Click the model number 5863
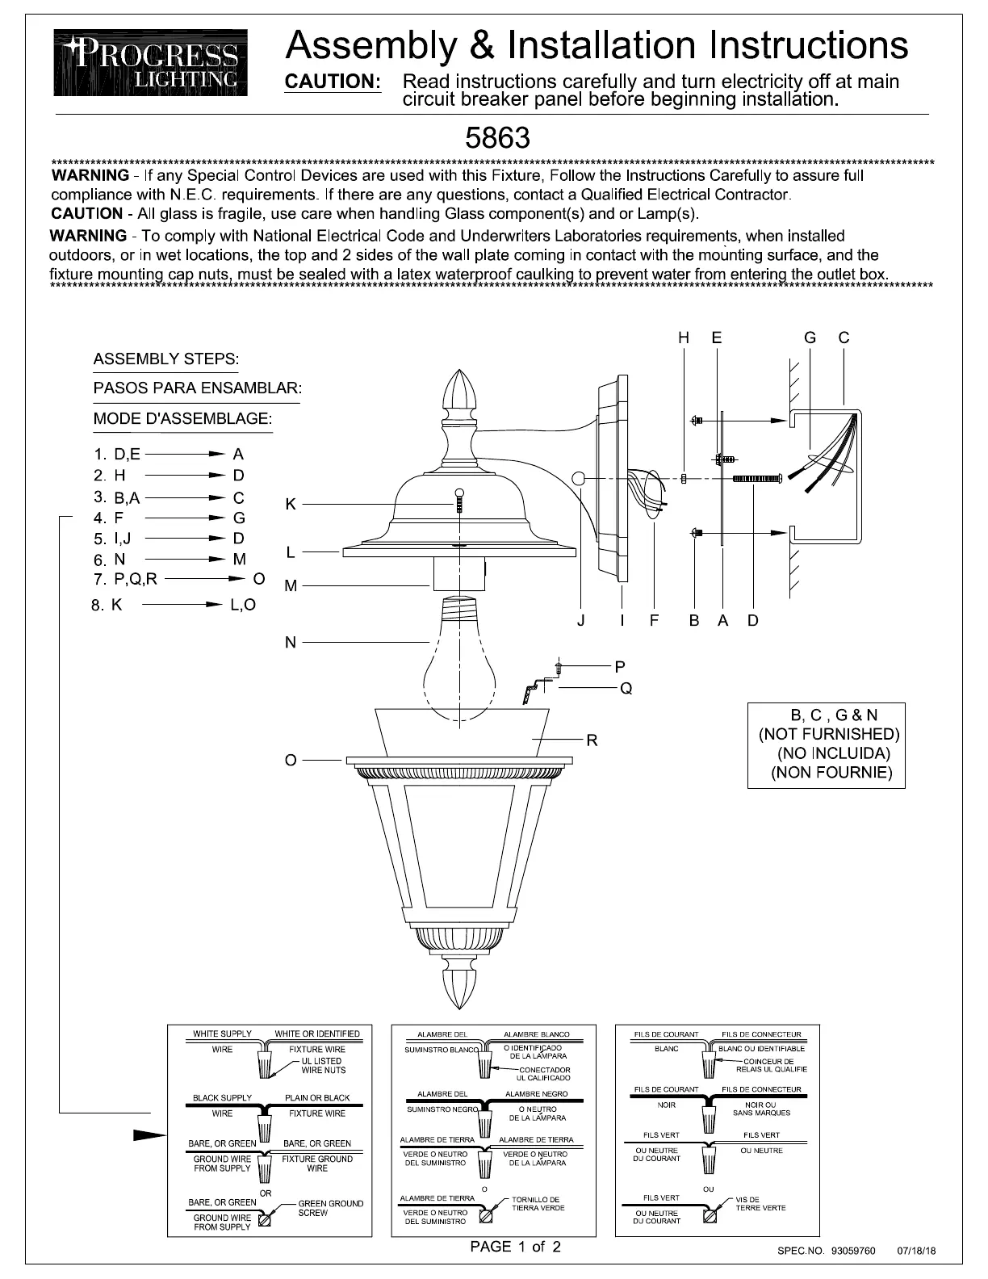[497, 138]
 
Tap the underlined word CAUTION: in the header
[333, 82]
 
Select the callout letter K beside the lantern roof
[291, 505]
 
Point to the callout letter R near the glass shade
[592, 740]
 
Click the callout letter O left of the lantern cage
[291, 760]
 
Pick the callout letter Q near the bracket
[626, 688]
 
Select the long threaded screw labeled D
[756, 480]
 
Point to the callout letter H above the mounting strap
[684, 338]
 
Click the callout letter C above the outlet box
[844, 338]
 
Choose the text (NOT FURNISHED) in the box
[829, 734]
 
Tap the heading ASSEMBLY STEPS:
[166, 359]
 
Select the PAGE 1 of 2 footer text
[515, 1247]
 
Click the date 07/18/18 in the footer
[917, 1251]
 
